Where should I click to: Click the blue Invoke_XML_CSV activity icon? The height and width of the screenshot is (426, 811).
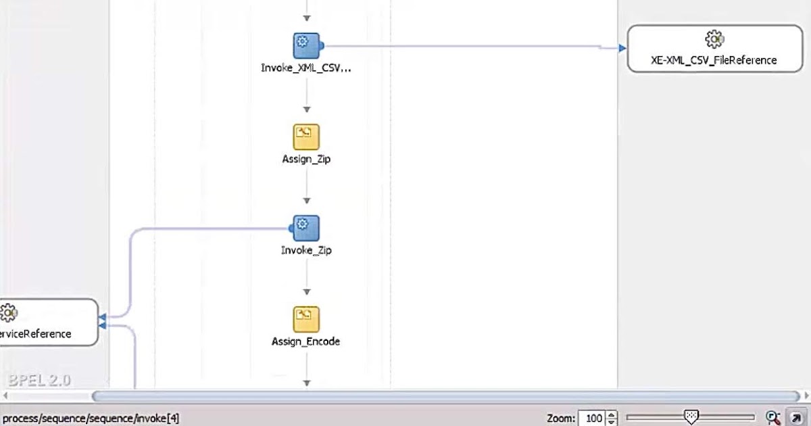pos(306,45)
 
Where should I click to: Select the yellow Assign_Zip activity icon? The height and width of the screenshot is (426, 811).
pos(306,137)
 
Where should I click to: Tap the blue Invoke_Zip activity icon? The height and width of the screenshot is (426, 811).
pos(306,228)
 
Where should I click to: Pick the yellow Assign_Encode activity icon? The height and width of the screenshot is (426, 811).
pos(306,319)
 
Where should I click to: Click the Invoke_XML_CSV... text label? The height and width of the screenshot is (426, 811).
pos(306,68)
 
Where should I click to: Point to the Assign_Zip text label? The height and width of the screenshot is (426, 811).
pos(306,160)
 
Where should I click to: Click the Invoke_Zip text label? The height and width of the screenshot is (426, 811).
pos(306,250)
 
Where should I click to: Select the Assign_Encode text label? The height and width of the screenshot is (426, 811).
pos(306,341)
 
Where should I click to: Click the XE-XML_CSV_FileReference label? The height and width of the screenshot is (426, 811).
pos(714,60)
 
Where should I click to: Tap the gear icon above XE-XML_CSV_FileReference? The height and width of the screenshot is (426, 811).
pos(714,39)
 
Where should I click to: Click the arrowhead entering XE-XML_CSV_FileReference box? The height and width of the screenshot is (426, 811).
pos(622,48)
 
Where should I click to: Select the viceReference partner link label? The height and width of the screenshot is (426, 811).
pos(36,333)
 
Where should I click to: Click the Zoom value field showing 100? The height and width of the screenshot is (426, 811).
pos(593,419)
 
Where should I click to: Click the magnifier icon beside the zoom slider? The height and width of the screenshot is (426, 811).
pos(773,418)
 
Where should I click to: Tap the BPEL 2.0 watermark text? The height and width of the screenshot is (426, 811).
pos(40,380)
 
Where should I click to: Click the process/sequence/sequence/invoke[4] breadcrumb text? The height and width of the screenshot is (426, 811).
pos(91,419)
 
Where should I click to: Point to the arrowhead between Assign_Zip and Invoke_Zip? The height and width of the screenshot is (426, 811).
pos(306,201)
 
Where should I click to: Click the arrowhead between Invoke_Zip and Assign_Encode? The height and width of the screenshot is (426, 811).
pos(306,292)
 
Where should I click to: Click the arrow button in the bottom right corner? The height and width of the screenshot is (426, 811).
pos(795,418)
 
